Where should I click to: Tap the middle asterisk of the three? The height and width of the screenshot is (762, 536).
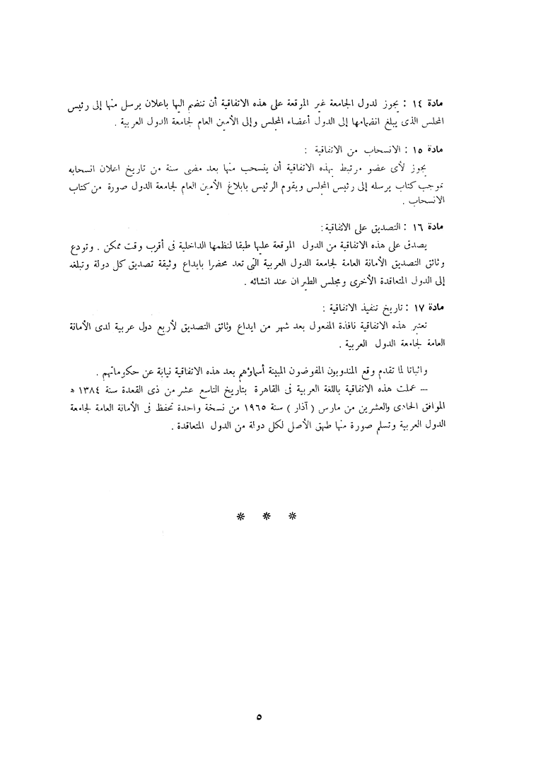pos(267,517)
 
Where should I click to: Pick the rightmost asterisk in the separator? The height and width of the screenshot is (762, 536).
pos(293,517)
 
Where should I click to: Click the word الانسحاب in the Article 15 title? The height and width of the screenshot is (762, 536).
pos(444,151)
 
